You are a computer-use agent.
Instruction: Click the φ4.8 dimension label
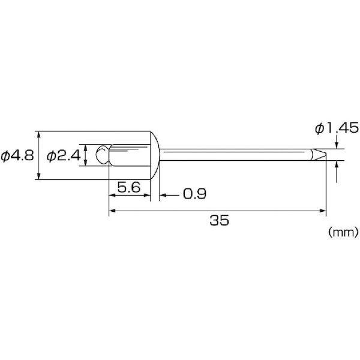pyautogui.click(x=17, y=155)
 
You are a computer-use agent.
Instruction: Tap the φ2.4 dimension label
pyautogui.click(x=64, y=155)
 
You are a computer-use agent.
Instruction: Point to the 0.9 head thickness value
pyautogui.click(x=194, y=194)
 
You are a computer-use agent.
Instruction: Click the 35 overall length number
pyautogui.click(x=219, y=220)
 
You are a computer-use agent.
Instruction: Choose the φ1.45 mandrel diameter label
pyautogui.click(x=337, y=128)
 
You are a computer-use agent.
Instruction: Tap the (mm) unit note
pyautogui.click(x=343, y=232)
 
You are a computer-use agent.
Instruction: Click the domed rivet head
pyautogui.click(x=155, y=155)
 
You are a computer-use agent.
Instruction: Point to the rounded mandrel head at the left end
pyautogui.click(x=103, y=155)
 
